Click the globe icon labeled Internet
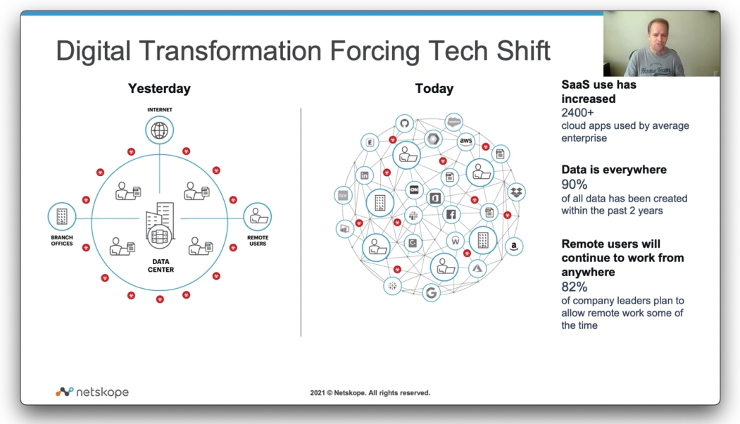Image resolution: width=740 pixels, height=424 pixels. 160,130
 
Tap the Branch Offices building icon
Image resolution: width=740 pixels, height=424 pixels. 62,217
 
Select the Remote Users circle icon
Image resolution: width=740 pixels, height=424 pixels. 257,217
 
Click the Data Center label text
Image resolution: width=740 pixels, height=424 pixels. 161,266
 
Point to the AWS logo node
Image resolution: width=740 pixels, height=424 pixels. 466,141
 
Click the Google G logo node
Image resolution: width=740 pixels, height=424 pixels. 431,293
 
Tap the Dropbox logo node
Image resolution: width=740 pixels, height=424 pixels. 516,192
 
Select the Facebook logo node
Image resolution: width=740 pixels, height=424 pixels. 451,214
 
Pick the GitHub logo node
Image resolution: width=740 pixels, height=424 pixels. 404,124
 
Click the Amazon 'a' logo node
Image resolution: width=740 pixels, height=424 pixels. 514,246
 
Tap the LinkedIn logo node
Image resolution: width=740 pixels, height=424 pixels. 364,175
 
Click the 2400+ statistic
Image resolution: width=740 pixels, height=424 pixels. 577,113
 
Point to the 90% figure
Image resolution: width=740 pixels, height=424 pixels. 575,185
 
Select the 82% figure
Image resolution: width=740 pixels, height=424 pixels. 575,287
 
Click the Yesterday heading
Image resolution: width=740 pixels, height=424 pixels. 160,89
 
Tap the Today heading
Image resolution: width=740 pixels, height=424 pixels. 434,89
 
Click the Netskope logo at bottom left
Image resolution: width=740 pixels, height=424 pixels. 92,392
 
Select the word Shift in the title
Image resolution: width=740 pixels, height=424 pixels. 523,51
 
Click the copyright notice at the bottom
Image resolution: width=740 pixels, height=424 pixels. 370,393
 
